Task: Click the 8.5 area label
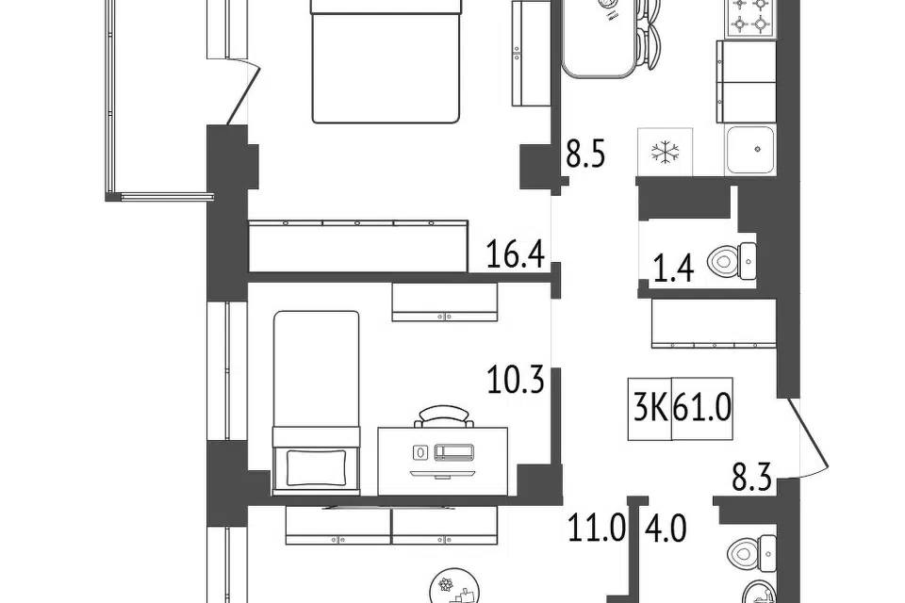[x=585, y=155]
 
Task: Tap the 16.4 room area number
[x=516, y=254]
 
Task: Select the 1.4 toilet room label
[x=673, y=269]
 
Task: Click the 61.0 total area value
[x=702, y=409]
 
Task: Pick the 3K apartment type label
[x=650, y=409]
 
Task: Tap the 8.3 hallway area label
[x=752, y=478]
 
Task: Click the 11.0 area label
[x=596, y=529]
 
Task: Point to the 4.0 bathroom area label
[x=666, y=529]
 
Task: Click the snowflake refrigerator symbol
[x=665, y=152]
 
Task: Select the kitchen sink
[x=750, y=150]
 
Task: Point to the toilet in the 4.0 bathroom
[x=752, y=554]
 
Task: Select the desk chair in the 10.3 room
[x=443, y=416]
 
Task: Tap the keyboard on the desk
[x=453, y=452]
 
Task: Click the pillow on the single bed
[x=317, y=467]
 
